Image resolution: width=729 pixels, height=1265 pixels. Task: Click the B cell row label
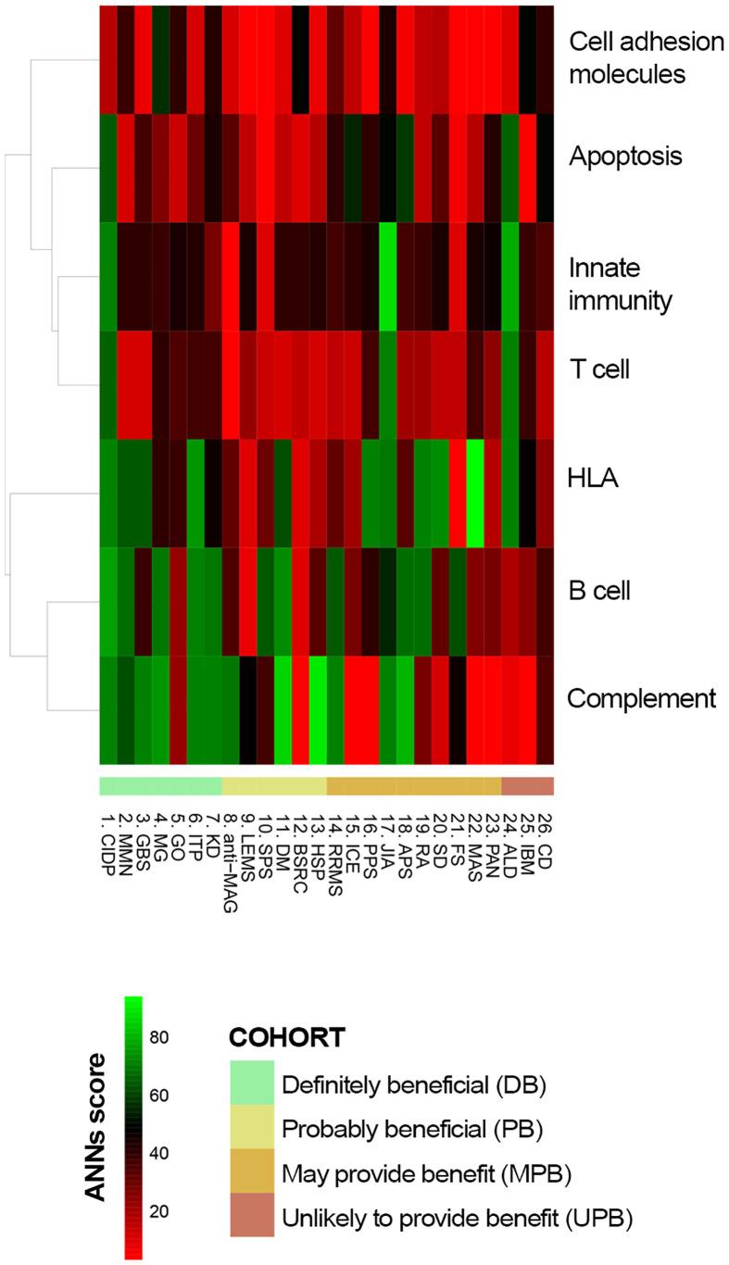click(598, 590)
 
